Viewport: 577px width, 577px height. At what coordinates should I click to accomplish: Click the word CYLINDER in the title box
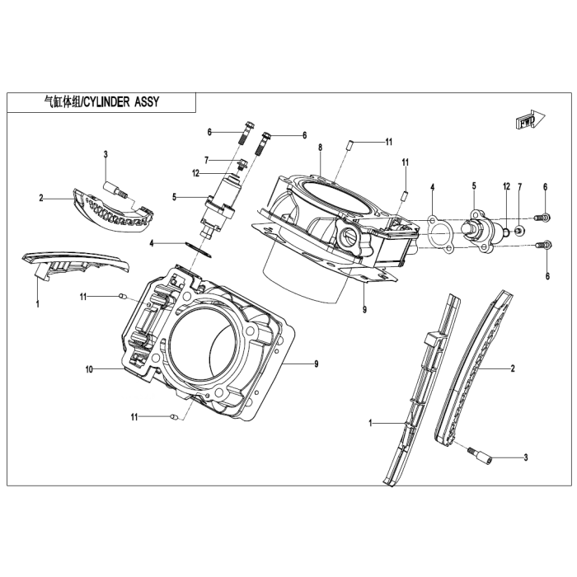pyautogui.click(x=106, y=102)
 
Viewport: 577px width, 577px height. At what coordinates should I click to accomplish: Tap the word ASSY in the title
pyautogui.click(x=147, y=102)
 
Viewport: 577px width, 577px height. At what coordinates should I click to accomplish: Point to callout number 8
pyautogui.click(x=321, y=148)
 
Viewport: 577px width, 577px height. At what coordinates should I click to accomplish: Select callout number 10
pyautogui.click(x=89, y=369)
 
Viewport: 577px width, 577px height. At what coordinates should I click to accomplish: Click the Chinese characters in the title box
pyautogui.click(x=61, y=102)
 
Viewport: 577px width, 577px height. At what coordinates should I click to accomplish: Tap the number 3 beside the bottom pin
pyautogui.click(x=526, y=457)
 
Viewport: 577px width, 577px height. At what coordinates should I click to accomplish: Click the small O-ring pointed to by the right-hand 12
pyautogui.click(x=506, y=232)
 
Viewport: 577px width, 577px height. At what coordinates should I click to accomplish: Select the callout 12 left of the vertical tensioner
pyautogui.click(x=196, y=173)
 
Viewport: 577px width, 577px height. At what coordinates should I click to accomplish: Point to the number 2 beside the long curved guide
pyautogui.click(x=513, y=368)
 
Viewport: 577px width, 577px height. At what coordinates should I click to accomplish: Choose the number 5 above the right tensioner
pyautogui.click(x=474, y=185)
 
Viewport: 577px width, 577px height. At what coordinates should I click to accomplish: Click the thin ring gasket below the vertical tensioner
pyautogui.click(x=199, y=249)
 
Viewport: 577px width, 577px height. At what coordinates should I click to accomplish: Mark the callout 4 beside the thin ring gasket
pyautogui.click(x=152, y=243)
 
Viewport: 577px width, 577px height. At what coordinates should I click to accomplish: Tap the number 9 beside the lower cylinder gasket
pyautogui.click(x=316, y=364)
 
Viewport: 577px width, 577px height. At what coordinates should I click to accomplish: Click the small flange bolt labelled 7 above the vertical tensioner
pyautogui.click(x=242, y=164)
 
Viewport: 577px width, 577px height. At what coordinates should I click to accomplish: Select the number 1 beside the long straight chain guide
pyautogui.click(x=371, y=424)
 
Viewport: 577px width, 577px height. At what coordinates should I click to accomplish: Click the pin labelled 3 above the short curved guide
pyautogui.click(x=115, y=189)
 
